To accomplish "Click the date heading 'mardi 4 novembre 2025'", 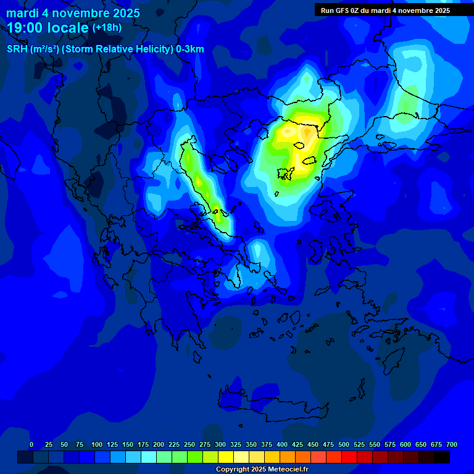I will (73, 13).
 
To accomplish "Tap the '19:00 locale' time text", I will (48, 27).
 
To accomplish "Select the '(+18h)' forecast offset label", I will (107, 27).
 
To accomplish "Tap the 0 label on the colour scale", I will (31, 444).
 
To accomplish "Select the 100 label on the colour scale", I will (96, 444).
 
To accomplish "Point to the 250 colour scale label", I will (189, 444).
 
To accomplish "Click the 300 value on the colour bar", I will (220, 444).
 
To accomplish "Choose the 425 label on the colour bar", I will (297, 444).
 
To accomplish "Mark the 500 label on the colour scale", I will (344, 444).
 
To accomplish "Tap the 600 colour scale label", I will (405, 444).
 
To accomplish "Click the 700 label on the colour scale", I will (452, 444).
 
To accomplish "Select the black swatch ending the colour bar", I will (442, 457).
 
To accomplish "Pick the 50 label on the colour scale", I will (64, 444).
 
